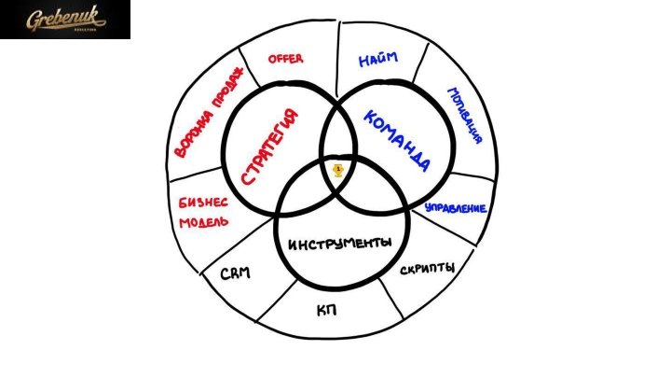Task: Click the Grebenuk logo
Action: coord(65,20)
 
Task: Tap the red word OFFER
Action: coord(285,59)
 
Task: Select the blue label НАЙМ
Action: coord(378,59)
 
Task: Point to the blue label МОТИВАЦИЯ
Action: coord(465,116)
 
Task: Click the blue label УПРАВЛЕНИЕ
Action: coord(456,208)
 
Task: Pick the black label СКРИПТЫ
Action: coord(427,269)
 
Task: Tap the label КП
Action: coord(326,310)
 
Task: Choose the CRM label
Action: coord(236,273)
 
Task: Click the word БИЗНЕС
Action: coord(203,203)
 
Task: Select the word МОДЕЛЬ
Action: coord(204,222)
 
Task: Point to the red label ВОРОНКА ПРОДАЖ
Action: coord(209,112)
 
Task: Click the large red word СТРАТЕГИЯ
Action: coord(269,147)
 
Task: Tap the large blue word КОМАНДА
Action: coord(397,141)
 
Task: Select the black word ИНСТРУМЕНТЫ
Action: coord(340,244)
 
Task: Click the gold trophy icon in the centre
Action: coord(338,171)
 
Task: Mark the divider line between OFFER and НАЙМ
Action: coord(338,59)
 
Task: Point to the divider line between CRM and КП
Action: coord(277,301)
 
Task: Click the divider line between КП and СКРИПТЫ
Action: coord(391,299)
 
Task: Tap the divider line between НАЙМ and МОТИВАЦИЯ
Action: coord(420,63)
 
